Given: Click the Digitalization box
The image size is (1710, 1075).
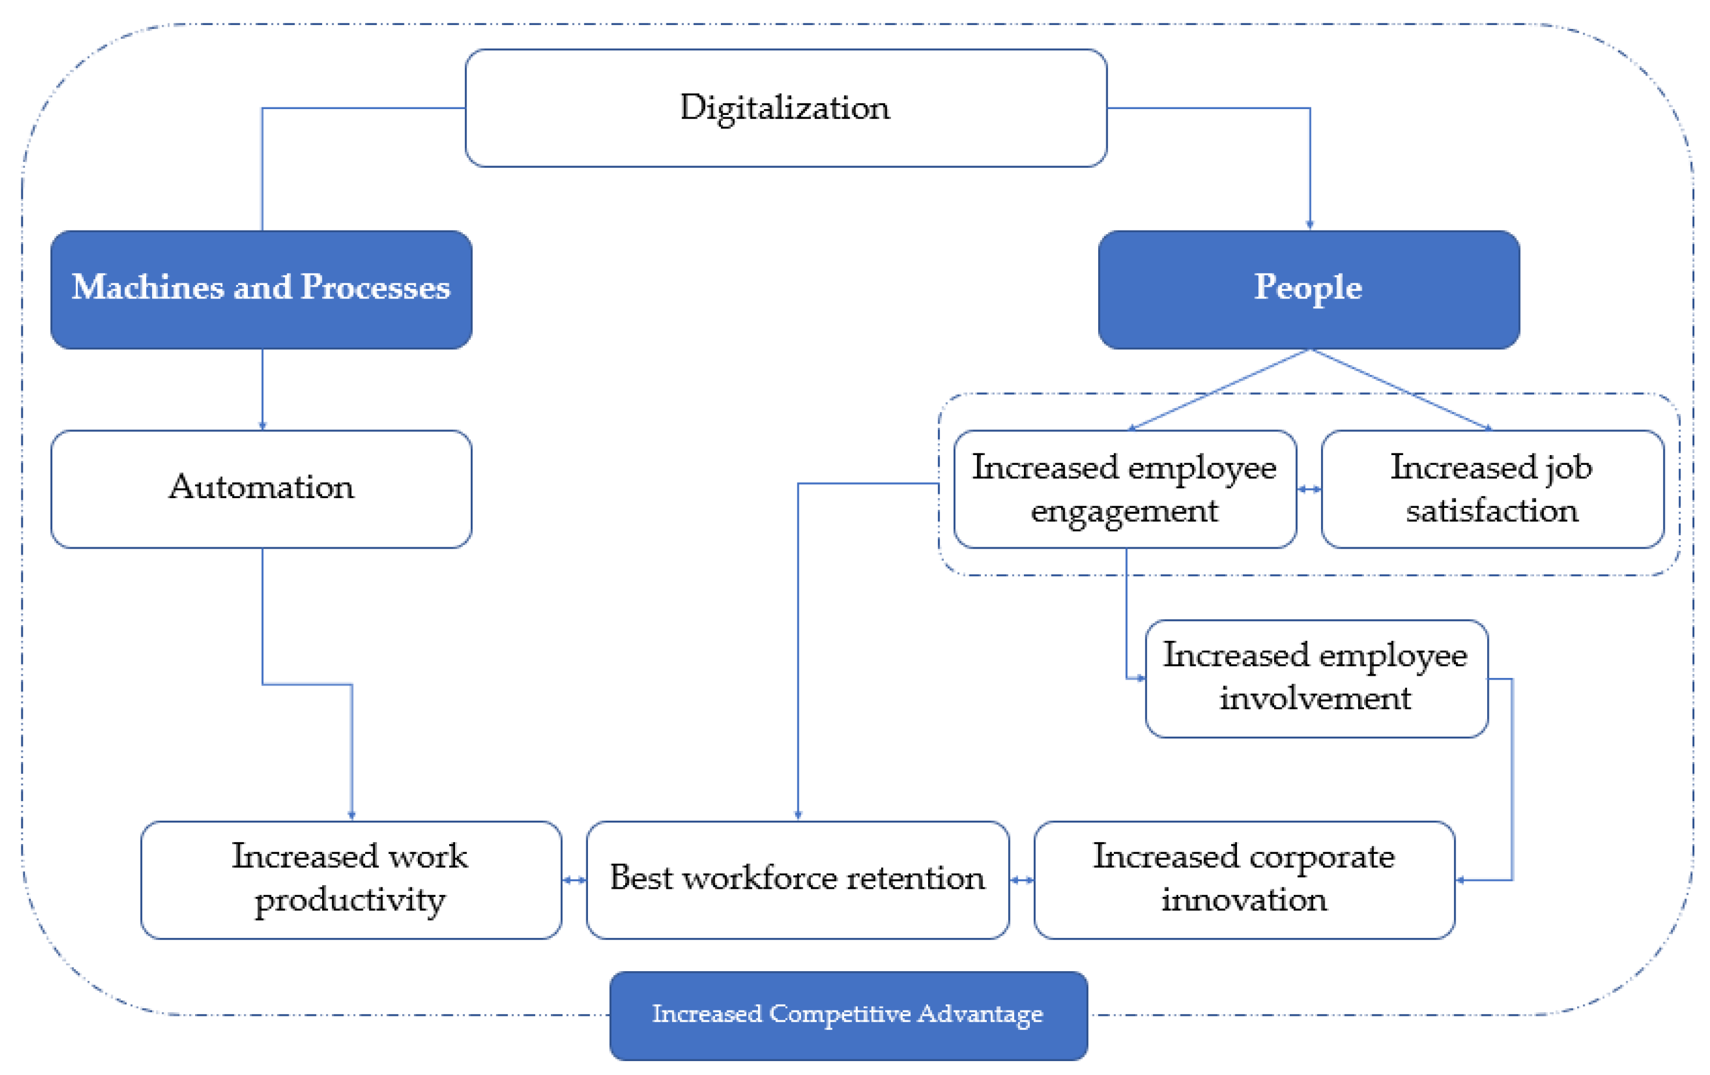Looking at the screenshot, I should [x=785, y=108].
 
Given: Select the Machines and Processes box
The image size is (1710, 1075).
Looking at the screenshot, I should [x=261, y=289].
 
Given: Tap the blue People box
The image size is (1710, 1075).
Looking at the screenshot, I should [x=1308, y=289].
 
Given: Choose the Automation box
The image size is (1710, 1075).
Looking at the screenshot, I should [x=261, y=489].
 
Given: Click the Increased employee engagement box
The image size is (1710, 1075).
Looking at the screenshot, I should [x=1124, y=489].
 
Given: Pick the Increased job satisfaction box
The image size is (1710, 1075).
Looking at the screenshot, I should [x=1492, y=489].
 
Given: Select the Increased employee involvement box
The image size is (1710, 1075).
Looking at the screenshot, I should [x=1316, y=678].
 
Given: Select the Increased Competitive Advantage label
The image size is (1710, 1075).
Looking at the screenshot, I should [x=848, y=1015].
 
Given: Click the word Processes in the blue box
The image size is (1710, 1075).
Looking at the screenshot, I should [x=376, y=287].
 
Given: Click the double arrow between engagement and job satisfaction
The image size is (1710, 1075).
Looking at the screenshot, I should [x=1309, y=489].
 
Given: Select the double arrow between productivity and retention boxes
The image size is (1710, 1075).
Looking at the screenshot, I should [x=574, y=880].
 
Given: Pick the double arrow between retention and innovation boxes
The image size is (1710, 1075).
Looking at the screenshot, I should [x=1021, y=880].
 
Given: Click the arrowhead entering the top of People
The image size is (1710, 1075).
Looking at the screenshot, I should [x=1309, y=225].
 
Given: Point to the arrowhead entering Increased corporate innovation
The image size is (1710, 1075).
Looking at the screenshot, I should [x=1460, y=880].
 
